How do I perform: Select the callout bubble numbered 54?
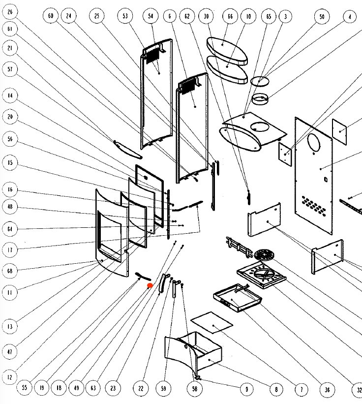(151, 16)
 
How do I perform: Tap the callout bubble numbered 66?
(230, 16)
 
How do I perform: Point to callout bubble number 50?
(322, 17)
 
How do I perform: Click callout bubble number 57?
(10, 69)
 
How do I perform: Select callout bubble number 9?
(246, 389)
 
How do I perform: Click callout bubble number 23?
(113, 388)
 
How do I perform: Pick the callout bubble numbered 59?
(163, 388)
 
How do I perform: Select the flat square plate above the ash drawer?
(211, 322)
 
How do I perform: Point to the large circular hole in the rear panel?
(313, 143)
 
